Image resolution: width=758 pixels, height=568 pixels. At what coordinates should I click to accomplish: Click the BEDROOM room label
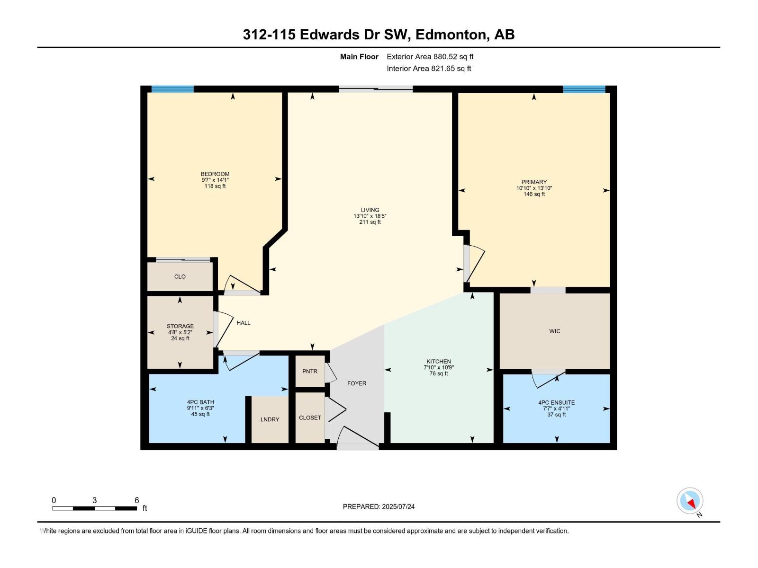215,174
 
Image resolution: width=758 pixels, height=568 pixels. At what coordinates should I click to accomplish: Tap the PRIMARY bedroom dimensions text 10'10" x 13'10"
534,188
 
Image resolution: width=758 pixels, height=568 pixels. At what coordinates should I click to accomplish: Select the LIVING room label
370,210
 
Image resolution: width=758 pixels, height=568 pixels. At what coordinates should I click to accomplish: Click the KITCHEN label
439,361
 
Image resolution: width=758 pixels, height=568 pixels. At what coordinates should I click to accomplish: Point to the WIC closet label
555,331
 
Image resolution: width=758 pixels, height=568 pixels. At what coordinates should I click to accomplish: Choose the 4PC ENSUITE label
556,402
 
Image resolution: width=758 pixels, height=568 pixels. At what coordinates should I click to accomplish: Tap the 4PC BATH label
200,402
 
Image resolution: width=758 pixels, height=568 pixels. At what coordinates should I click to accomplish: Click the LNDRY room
270,419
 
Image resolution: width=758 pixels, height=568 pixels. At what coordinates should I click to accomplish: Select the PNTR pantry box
310,371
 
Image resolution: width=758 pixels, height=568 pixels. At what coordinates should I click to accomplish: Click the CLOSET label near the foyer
310,417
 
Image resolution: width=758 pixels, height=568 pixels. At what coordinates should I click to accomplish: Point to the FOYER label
357,383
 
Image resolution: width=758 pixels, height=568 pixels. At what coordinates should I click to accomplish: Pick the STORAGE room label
180,326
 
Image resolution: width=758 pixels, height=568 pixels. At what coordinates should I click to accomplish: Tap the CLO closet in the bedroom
180,276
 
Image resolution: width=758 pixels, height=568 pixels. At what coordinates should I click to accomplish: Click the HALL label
244,323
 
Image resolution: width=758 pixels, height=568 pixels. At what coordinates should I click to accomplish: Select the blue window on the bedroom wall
172,89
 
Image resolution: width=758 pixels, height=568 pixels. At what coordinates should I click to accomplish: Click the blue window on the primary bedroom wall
584,89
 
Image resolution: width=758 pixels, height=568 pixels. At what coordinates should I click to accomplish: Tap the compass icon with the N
690,501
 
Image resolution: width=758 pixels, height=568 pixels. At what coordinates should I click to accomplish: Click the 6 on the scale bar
137,500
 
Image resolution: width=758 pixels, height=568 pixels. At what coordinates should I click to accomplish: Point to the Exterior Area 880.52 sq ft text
430,56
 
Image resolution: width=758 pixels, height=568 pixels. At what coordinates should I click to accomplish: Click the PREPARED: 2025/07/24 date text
379,506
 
